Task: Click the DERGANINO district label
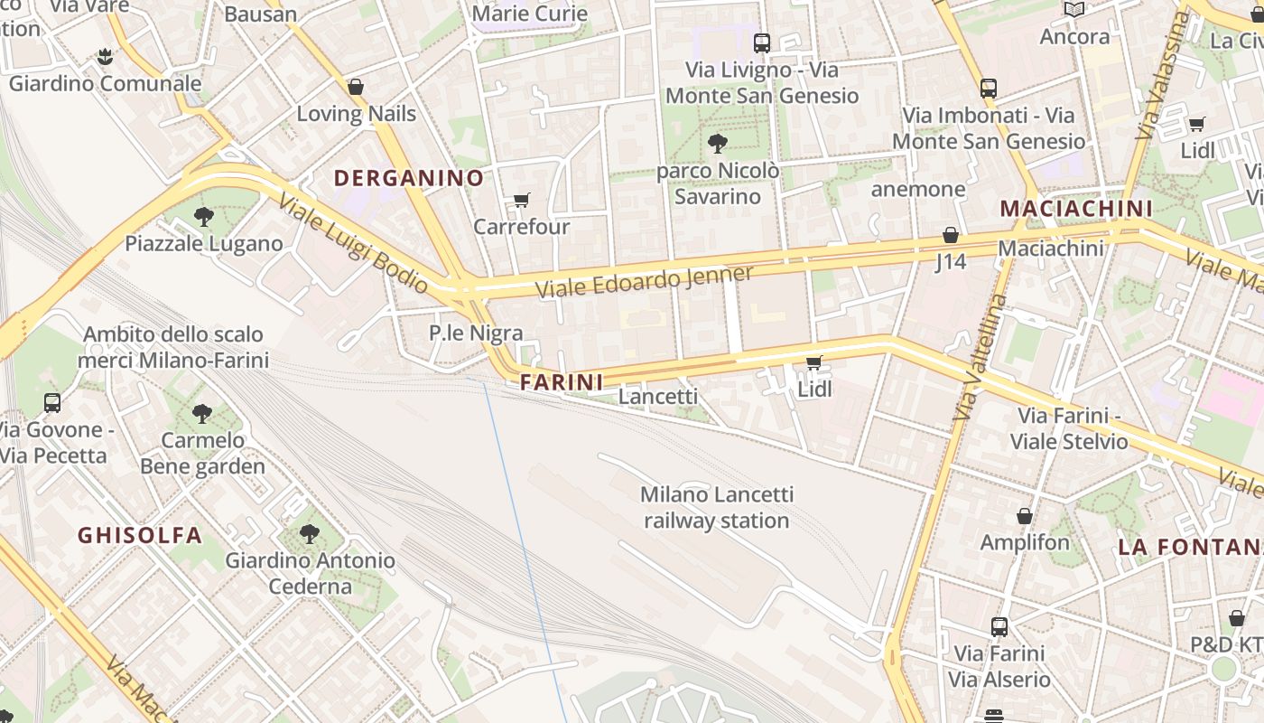[x=409, y=178]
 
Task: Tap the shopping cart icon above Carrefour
[x=521, y=200]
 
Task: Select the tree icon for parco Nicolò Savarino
[x=718, y=143]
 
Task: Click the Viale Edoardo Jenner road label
[x=645, y=282]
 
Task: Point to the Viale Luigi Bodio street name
[x=353, y=243]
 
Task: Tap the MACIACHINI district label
[x=1076, y=209]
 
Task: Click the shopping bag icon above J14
[x=951, y=235]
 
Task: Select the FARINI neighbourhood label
[x=562, y=382]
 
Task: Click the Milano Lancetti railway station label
[x=717, y=507]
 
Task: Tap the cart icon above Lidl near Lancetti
[x=813, y=362]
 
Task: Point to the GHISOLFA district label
[x=140, y=535]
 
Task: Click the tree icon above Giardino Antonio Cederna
[x=310, y=533]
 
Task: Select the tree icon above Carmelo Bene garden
[x=202, y=414]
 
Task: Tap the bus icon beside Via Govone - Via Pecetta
[x=52, y=403]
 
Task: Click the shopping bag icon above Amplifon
[x=1025, y=516]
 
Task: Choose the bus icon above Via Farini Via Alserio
[x=999, y=626]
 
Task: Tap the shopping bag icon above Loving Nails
[x=356, y=87]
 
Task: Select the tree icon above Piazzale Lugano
[x=204, y=217]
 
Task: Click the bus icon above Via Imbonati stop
[x=989, y=89]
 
